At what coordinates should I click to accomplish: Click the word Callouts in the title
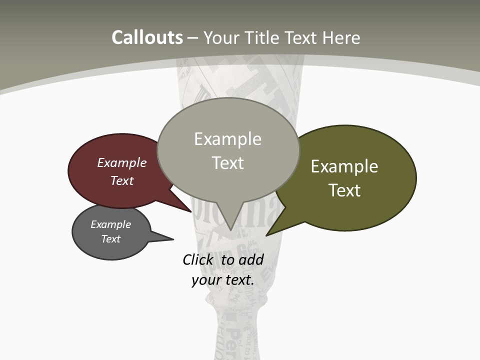tap(147, 37)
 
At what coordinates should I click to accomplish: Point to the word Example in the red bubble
tap(121, 162)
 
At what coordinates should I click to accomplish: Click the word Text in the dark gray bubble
tap(111, 239)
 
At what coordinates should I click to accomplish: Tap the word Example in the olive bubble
tap(344, 166)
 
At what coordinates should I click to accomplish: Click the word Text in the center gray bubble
tap(228, 163)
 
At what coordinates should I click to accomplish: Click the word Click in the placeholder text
tap(198, 259)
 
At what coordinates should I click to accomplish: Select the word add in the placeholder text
tap(251, 259)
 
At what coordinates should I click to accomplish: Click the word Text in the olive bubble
tap(344, 190)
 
